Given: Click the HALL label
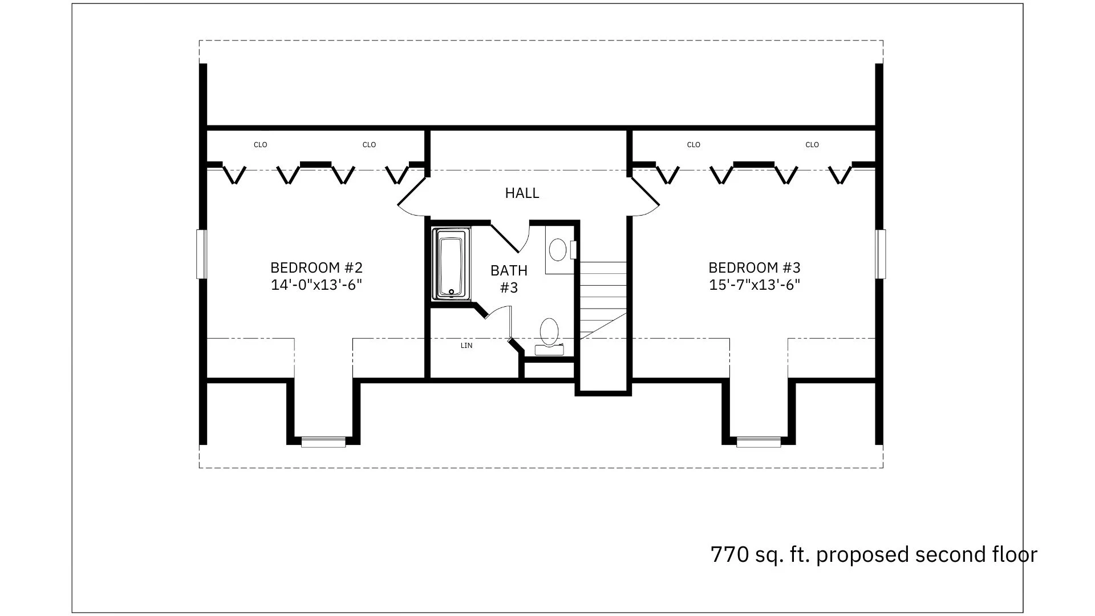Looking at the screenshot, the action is point(522,193).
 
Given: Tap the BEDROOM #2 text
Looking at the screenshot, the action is point(317,268).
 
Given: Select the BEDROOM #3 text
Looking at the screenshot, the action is point(755,268).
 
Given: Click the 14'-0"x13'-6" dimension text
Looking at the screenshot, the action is point(317,285).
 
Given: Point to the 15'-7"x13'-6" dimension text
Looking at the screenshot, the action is point(755,285).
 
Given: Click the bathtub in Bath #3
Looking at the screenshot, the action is point(451,264).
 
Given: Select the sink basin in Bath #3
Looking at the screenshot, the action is point(558,250).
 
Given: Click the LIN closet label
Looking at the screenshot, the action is point(467,346).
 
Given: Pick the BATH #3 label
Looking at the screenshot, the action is point(509,279).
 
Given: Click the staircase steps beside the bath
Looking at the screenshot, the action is point(603,299).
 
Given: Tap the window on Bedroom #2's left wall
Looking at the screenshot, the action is point(201,254).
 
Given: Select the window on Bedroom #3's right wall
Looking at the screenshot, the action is point(881,254).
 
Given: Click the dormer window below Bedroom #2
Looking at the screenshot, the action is point(323,442).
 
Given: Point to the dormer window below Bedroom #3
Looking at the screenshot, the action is point(759,442).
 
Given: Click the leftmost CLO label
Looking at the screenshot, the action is point(260,145).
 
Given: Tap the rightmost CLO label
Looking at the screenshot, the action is point(812,145).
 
